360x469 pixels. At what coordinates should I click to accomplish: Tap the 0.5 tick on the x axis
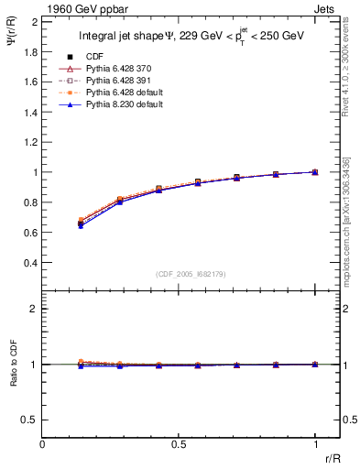[179, 444]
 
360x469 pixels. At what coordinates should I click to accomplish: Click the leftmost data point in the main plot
[82, 223]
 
